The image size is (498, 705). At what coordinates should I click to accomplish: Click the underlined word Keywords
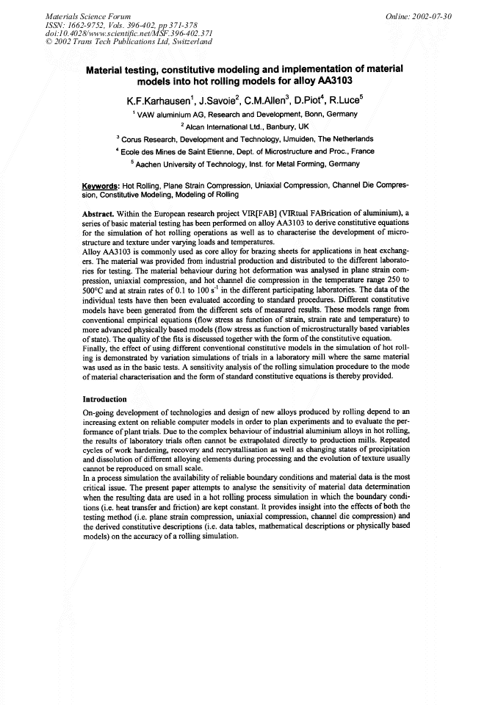pyautogui.click(x=101, y=187)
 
